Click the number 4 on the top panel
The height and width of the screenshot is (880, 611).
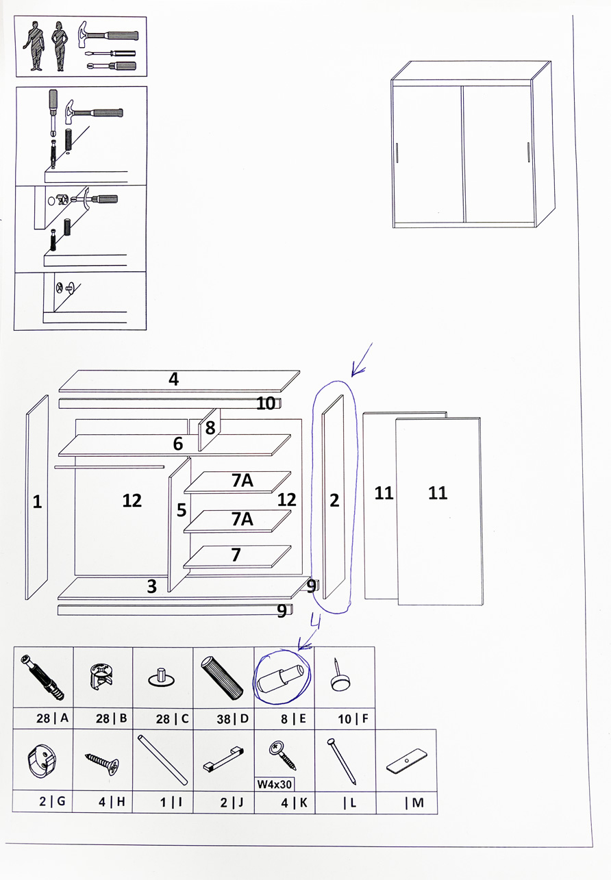click(x=174, y=379)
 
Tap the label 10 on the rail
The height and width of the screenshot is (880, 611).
click(x=266, y=403)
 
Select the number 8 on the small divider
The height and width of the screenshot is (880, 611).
click(x=210, y=428)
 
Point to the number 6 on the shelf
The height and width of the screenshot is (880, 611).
click(x=178, y=444)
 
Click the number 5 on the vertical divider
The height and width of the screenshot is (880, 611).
click(x=182, y=510)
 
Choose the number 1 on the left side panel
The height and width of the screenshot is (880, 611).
click(x=37, y=502)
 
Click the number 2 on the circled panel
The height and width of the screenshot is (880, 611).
click(x=334, y=501)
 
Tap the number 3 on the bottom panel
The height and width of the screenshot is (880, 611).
click(x=152, y=586)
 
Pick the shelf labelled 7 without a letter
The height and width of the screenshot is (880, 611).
click(x=236, y=555)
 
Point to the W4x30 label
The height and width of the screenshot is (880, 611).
click(x=275, y=783)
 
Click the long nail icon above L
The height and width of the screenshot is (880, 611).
click(x=342, y=761)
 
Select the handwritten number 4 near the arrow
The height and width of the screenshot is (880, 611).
click(x=315, y=621)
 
